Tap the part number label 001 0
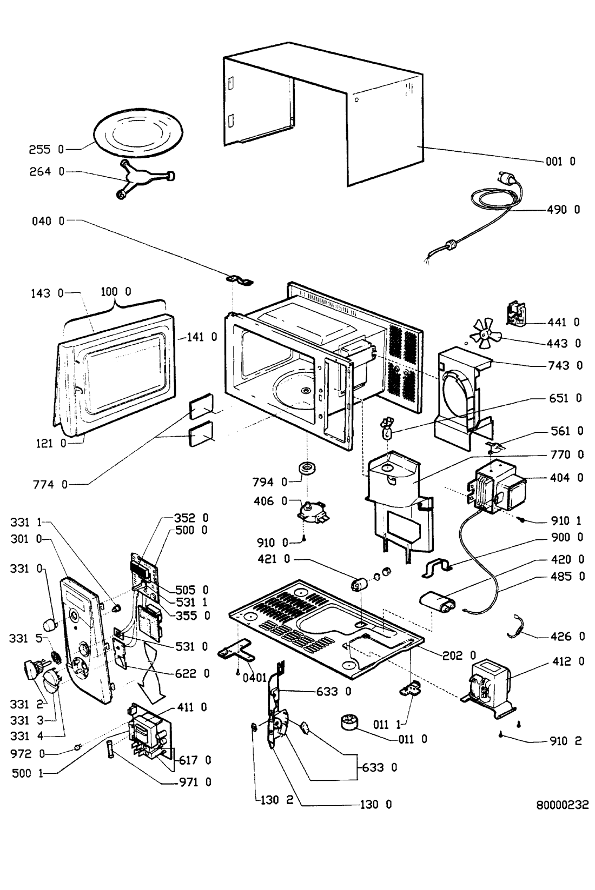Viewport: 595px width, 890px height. click(x=560, y=161)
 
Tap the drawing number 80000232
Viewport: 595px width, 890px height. click(x=562, y=805)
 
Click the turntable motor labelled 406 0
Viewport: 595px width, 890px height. click(x=314, y=511)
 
